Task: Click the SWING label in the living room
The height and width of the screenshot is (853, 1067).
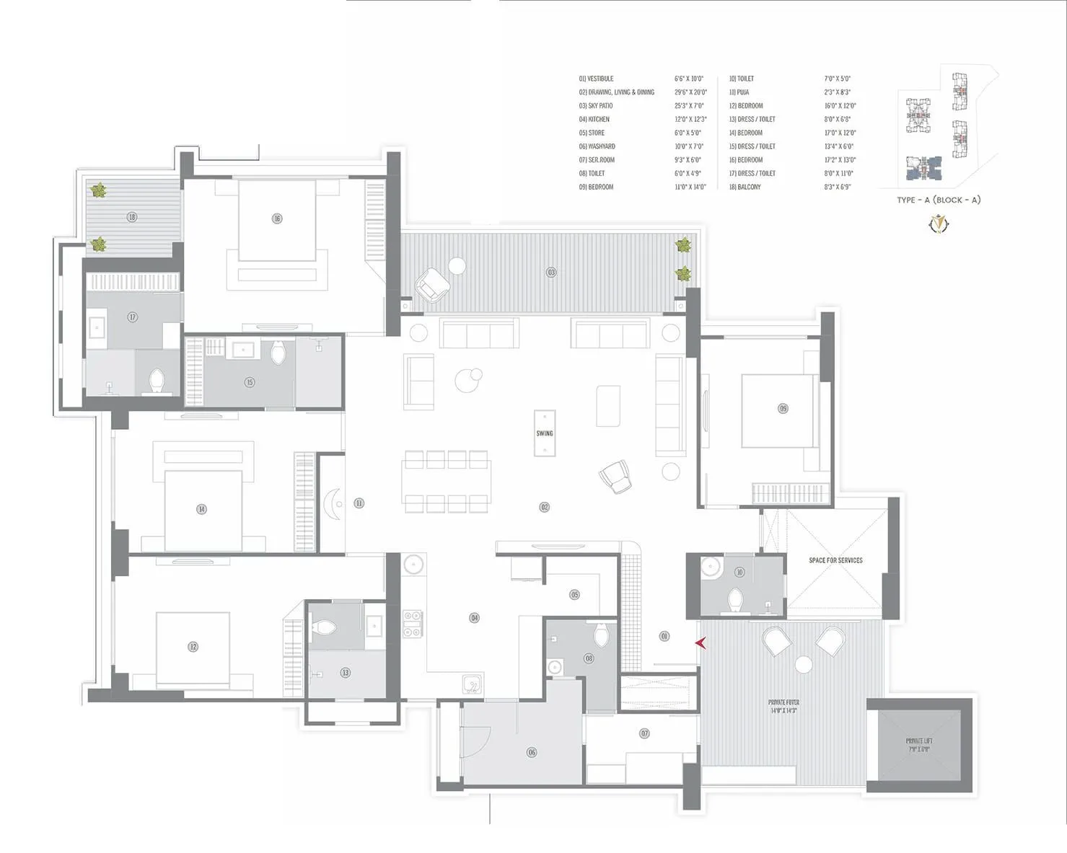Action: point(545,433)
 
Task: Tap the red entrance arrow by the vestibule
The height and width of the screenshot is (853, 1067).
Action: point(700,642)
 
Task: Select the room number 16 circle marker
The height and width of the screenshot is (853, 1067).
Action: point(276,218)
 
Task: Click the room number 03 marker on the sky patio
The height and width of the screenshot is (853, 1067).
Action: point(551,273)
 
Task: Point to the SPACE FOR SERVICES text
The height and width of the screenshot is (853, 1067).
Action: point(835,560)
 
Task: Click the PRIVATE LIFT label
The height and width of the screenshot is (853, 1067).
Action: point(918,745)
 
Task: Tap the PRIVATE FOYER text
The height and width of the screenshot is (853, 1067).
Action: point(783,706)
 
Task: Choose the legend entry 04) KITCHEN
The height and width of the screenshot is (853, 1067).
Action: point(594,119)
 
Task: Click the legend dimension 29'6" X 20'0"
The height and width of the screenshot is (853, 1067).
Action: point(690,92)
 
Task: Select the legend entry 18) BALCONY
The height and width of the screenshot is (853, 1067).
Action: point(745,187)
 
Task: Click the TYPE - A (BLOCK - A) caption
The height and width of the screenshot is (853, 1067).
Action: point(939,200)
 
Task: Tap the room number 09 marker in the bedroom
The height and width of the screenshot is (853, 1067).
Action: point(783,408)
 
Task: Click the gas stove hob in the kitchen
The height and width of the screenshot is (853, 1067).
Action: point(413,624)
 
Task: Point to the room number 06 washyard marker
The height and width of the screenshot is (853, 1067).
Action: point(532,752)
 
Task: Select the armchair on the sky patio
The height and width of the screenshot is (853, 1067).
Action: point(432,285)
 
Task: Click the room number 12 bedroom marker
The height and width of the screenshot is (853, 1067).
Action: point(193,647)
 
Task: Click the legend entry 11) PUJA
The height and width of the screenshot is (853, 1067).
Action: point(739,92)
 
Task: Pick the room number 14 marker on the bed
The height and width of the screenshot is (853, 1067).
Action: point(201,509)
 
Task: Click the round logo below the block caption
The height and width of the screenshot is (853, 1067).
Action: point(939,224)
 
